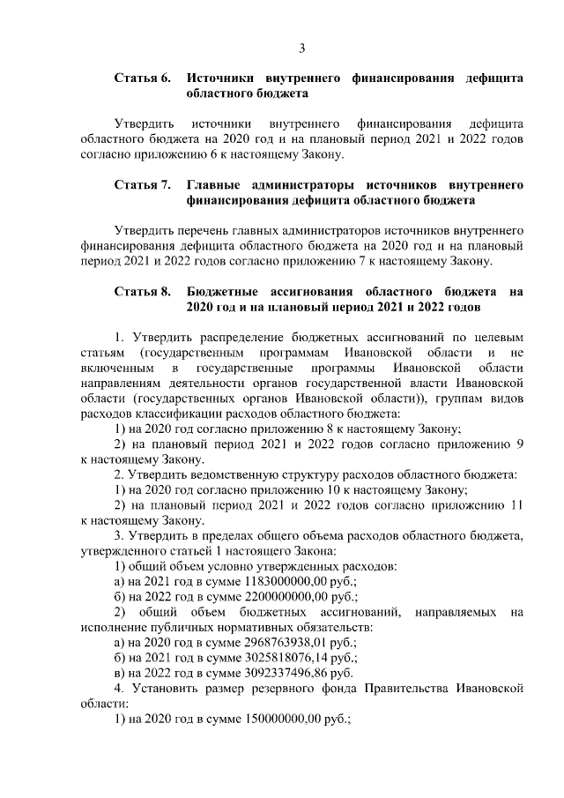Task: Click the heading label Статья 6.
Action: pyautogui.click(x=142, y=78)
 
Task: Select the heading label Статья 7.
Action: pyautogui.click(x=142, y=186)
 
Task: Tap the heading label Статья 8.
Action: pyautogui.click(x=142, y=293)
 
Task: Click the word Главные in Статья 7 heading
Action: pyautogui.click(x=215, y=186)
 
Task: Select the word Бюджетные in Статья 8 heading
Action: pyautogui.click(x=225, y=293)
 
